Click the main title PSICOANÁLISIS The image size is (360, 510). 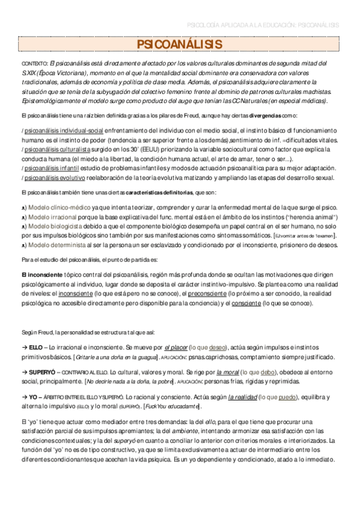coord(180,45)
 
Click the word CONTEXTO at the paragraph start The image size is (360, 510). coord(34,63)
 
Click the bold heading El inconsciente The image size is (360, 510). coord(46,274)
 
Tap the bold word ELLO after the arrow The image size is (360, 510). coord(35,347)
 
